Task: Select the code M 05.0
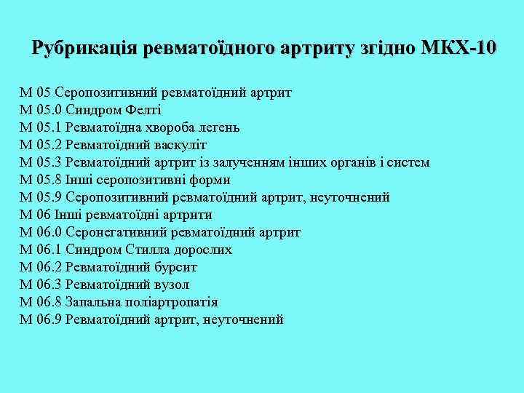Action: (41, 110)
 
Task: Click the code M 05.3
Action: (41, 162)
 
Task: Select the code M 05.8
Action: (41, 180)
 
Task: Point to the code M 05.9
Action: (41, 197)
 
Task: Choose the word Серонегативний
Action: (109, 232)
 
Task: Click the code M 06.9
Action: (41, 319)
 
